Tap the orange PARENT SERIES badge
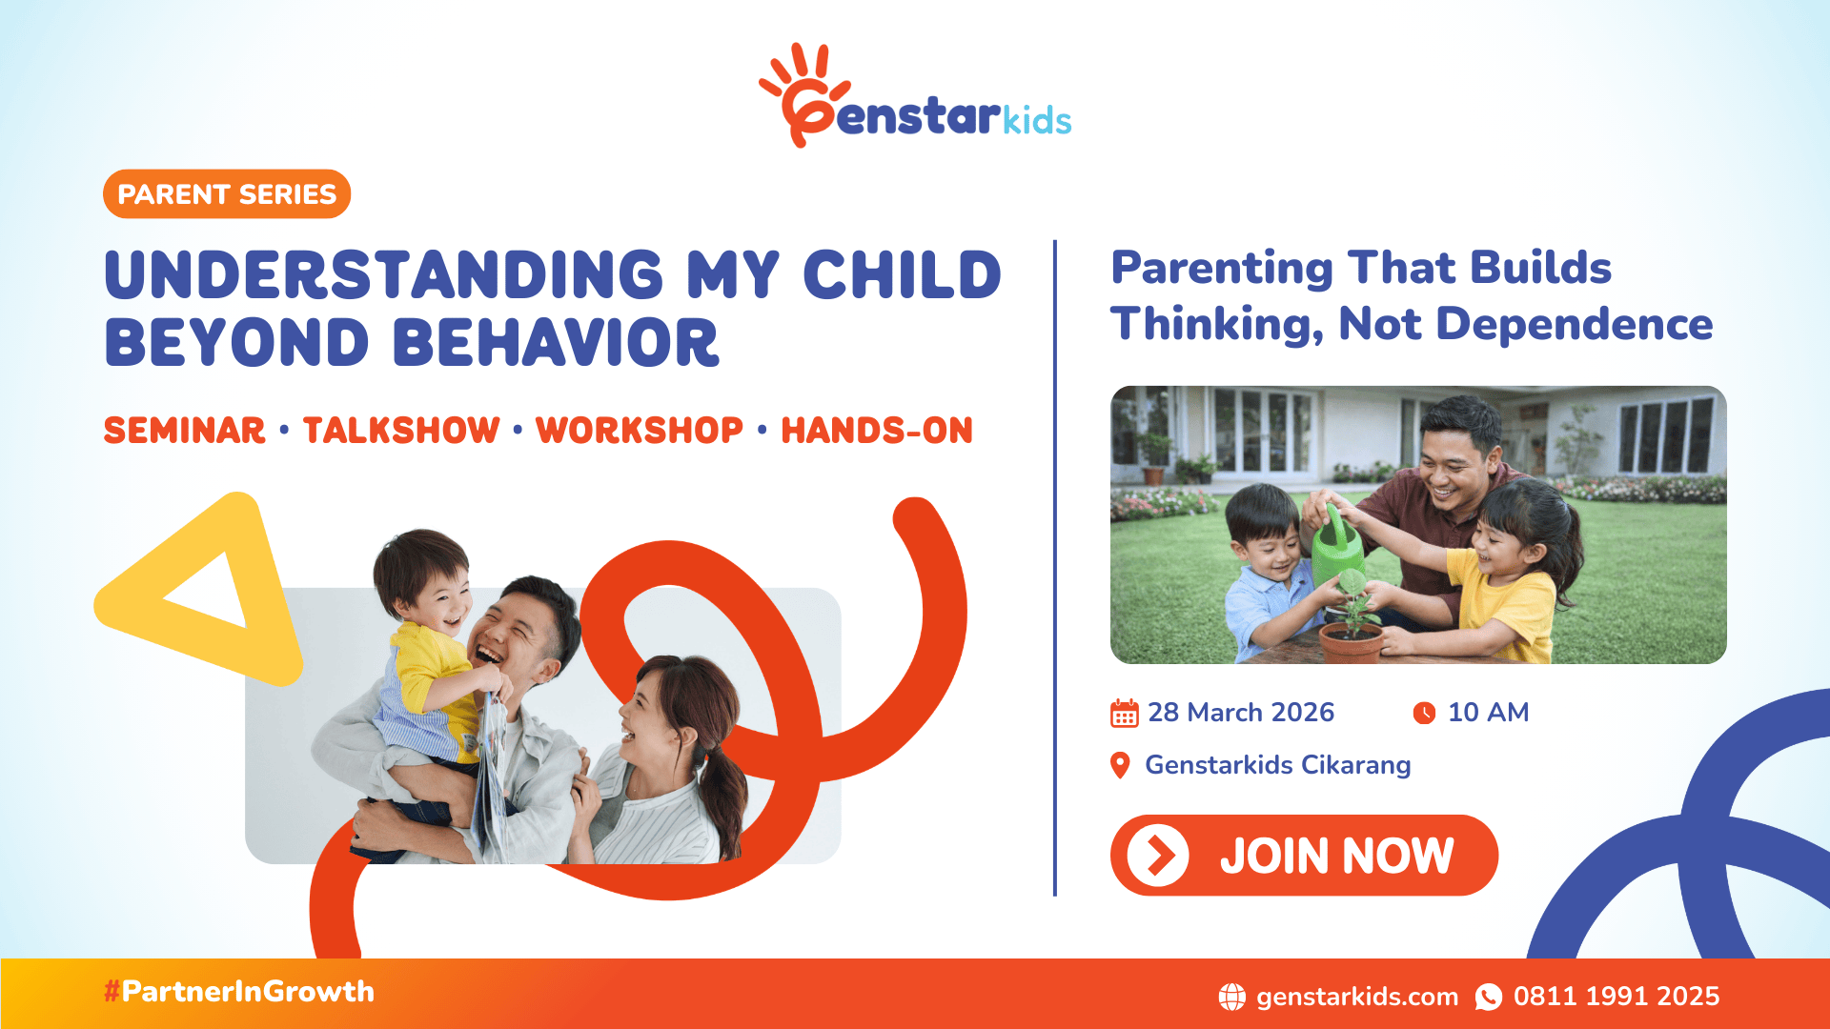(x=227, y=194)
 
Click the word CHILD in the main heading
(x=902, y=276)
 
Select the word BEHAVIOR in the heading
(x=555, y=343)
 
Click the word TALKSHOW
(x=401, y=431)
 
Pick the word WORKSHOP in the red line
(x=639, y=431)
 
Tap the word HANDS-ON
(x=877, y=431)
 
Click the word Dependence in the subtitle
(x=1574, y=324)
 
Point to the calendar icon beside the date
(x=1125, y=713)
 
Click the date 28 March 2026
(x=1240, y=713)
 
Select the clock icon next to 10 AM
(x=1424, y=713)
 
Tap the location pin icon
(x=1121, y=765)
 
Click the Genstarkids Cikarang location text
(x=1277, y=765)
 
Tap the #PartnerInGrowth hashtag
(x=239, y=992)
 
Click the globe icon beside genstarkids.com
(x=1231, y=997)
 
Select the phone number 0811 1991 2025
(x=1616, y=997)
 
